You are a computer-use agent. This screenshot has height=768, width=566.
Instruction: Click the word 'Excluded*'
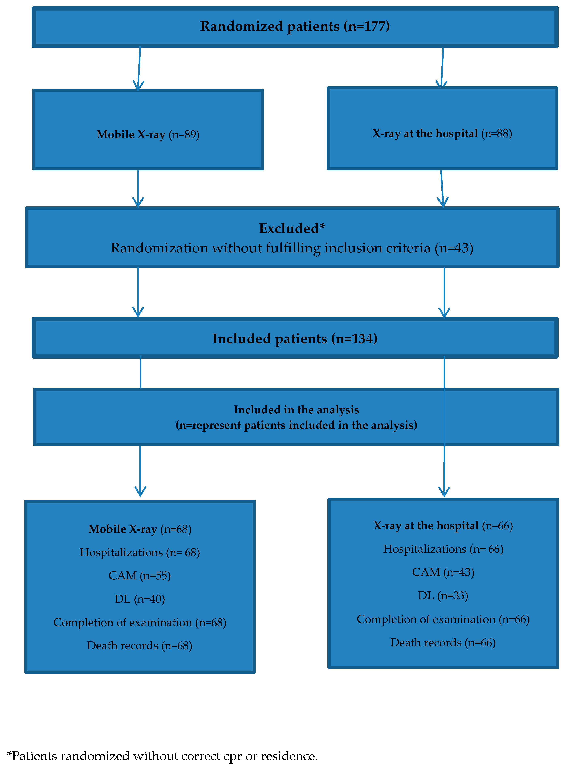click(x=292, y=228)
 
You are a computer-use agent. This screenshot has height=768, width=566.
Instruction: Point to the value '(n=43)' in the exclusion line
click(x=454, y=248)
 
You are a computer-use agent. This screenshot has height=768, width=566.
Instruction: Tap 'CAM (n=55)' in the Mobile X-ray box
click(x=139, y=575)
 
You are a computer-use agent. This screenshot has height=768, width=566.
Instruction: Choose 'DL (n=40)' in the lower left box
click(x=139, y=599)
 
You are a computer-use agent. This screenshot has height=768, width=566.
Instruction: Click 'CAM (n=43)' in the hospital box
click(x=443, y=572)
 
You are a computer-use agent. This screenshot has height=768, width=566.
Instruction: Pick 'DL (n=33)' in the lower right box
click(x=443, y=595)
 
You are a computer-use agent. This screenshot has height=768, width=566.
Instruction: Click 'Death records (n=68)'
click(x=139, y=645)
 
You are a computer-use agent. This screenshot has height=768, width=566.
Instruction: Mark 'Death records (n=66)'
click(x=443, y=642)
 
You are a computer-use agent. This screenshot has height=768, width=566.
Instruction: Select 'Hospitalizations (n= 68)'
click(x=139, y=552)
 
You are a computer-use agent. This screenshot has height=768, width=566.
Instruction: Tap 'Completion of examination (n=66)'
click(x=443, y=619)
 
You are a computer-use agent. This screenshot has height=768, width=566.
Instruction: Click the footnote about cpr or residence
click(x=162, y=756)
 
